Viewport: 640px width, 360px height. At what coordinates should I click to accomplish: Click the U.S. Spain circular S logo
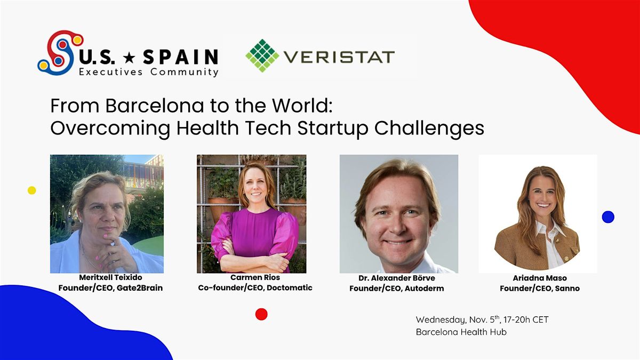pyautogui.click(x=59, y=52)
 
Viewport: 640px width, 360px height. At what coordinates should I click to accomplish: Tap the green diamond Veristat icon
pyautogui.click(x=262, y=55)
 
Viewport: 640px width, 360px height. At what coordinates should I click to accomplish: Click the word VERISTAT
pyautogui.click(x=339, y=57)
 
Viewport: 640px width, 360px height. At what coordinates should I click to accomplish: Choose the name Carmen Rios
pyautogui.click(x=255, y=277)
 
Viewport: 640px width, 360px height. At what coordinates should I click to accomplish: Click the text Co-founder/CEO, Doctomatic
pyautogui.click(x=255, y=287)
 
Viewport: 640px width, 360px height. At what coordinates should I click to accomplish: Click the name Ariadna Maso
pyautogui.click(x=539, y=278)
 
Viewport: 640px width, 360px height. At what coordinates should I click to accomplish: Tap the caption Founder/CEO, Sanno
pyautogui.click(x=539, y=289)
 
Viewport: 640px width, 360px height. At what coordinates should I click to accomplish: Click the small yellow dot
pyautogui.click(x=32, y=190)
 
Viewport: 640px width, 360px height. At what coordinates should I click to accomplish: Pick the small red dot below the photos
pyautogui.click(x=261, y=314)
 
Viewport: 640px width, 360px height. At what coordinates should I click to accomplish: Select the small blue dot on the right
pyautogui.click(x=608, y=217)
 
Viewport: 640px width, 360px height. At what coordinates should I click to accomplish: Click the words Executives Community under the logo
pyautogui.click(x=148, y=72)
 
